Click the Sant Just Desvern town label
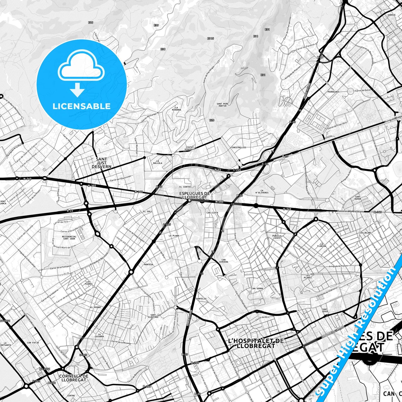click(x=101, y=163)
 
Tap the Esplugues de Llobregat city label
click(x=194, y=195)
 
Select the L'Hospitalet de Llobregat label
click(x=256, y=343)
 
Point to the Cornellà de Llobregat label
click(x=74, y=378)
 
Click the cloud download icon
click(x=81, y=73)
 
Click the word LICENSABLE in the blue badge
click(x=82, y=106)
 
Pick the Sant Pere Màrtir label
click(x=223, y=105)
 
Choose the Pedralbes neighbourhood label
click(x=333, y=92)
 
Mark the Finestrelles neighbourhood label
click(x=238, y=147)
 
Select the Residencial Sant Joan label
click(x=69, y=238)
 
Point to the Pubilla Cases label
click(x=277, y=237)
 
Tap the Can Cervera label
click(x=223, y=261)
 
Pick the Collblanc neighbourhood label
click(x=366, y=233)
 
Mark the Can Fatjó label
click(x=33, y=343)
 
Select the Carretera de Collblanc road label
click(x=350, y=211)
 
